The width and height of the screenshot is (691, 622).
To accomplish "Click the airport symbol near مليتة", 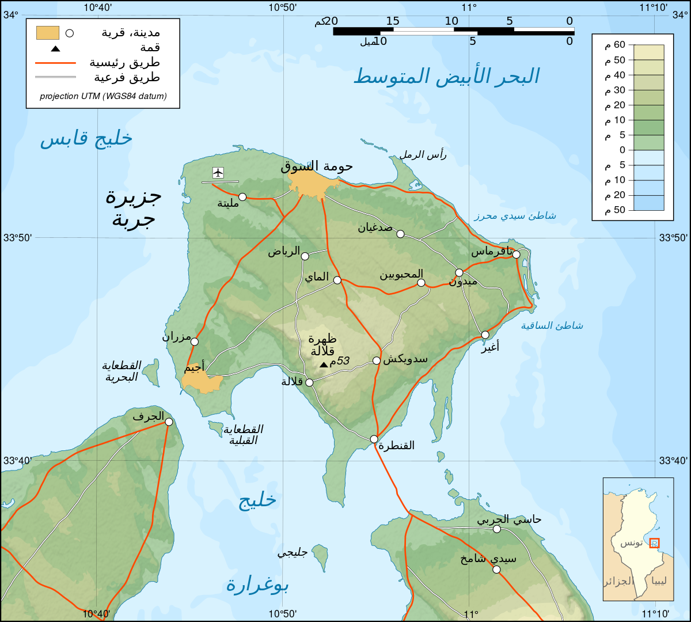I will coord(218,172).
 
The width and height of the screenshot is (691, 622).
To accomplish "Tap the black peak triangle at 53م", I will coord(324,365).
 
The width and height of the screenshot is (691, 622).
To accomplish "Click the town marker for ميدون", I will coord(459,272).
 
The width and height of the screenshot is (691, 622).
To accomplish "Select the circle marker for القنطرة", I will coord(374,439).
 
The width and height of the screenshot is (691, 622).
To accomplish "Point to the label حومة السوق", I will coord(317,166).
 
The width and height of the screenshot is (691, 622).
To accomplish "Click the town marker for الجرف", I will coord(169,422).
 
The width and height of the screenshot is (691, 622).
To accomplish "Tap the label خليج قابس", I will coord(86,139).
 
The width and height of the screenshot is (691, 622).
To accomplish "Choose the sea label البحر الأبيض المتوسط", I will coord(446,76).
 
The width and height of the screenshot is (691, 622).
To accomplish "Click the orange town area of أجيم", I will coord(202,382).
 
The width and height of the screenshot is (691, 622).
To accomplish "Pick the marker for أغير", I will coord(485,335).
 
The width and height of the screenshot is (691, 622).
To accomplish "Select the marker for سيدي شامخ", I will coord(496,570).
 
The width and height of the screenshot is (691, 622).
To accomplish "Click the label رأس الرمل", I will coord(423,154).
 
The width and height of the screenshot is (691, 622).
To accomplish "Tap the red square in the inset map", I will coord(654,543).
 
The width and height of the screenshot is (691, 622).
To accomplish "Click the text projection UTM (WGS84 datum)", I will coord(103,96).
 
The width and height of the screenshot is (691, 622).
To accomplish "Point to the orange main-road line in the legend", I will coord(55,63).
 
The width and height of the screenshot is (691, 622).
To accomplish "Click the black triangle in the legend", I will coord(55,48).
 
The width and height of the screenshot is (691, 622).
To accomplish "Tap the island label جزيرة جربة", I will coord(134,207).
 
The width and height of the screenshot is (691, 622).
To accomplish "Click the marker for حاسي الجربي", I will coord(497,529).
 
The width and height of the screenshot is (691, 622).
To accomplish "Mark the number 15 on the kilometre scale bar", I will coord(393,21).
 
